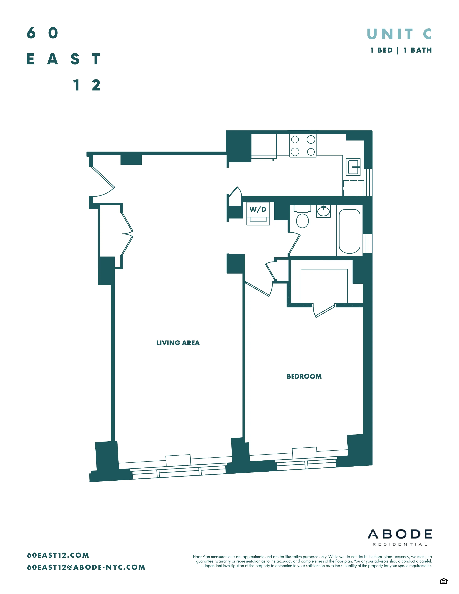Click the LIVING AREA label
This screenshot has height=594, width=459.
(178, 343)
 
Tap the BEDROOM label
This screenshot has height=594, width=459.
(304, 376)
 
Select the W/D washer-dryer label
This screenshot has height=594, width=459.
(258, 209)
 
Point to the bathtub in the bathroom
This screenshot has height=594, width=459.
(349, 231)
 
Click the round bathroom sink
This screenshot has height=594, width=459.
(323, 211)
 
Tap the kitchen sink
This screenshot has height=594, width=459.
(353, 167)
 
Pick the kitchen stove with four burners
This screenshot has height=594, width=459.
(303, 145)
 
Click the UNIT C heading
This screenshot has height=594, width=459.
(399, 34)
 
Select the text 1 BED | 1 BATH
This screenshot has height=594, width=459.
(401, 50)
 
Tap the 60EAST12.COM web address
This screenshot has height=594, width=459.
(58, 555)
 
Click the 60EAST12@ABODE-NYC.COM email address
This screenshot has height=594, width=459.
(86, 567)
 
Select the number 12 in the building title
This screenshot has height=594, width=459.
(87, 85)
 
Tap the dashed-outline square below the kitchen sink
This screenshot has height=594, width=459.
(353, 188)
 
